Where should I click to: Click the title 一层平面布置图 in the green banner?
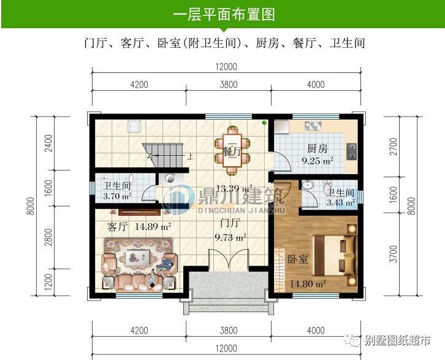coord(222,13)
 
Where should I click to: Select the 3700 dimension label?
coord(394,253)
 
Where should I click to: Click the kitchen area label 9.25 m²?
coord(318,162)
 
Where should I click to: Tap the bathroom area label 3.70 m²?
coord(118,197)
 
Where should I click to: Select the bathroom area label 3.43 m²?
coord(340,202)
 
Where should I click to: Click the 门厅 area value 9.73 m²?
coord(230,236)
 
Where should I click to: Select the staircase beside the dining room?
coord(162,151)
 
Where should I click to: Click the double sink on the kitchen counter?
coord(312,128)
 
